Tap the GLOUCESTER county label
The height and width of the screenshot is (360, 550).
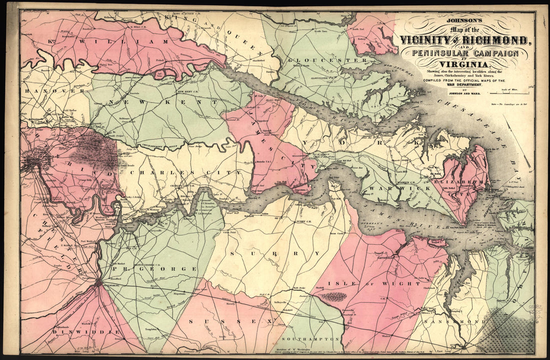[x=327, y=60]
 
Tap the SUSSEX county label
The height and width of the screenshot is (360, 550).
[x=230, y=321]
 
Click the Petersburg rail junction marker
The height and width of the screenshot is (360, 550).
[x=98, y=282]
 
